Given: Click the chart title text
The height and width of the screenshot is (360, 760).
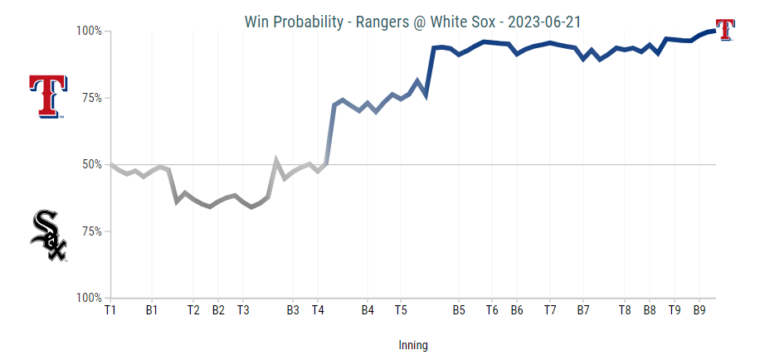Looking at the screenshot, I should [x=412, y=20].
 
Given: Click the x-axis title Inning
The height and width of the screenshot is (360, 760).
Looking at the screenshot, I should [x=412, y=345].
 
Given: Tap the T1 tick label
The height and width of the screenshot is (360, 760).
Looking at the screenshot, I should [x=110, y=310].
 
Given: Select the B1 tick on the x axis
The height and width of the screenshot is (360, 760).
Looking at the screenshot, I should [x=152, y=310].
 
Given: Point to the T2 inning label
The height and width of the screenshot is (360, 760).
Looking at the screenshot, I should [x=193, y=310].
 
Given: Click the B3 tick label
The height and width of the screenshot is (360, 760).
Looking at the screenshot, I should [x=293, y=310].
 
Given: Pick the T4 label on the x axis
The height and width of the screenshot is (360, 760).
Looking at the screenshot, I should [x=318, y=310].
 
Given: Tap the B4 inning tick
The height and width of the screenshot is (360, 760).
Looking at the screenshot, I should [x=368, y=310].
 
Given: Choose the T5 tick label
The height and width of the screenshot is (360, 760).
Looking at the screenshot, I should [x=401, y=310].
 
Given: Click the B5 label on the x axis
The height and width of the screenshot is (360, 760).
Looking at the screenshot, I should [x=459, y=310].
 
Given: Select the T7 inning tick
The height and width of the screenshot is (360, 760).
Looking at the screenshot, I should [x=550, y=310].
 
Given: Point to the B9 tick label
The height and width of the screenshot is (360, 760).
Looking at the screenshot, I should [x=699, y=310].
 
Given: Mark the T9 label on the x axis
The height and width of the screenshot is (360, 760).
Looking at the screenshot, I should [x=675, y=310].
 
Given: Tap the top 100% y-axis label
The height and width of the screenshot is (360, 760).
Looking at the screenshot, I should [x=88, y=32].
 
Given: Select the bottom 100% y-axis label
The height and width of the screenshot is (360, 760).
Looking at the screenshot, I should [x=88, y=297].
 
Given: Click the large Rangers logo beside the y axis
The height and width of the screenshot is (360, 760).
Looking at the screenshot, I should [x=46, y=96].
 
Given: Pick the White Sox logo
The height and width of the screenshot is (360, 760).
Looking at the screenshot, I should [x=48, y=236].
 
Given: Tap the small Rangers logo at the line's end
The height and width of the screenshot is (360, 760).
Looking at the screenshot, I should [x=725, y=29].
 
